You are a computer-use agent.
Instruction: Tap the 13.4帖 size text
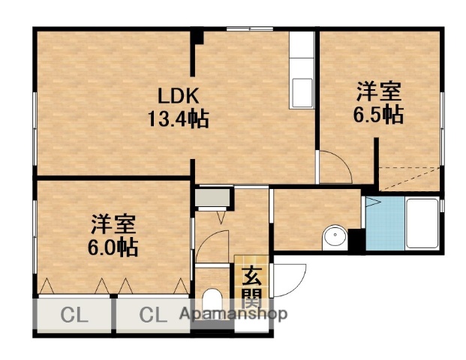pos(177,118)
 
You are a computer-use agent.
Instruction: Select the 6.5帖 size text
pos(378,115)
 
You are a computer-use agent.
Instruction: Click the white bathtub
pos(420,223)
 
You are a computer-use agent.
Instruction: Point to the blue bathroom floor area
pos(383,223)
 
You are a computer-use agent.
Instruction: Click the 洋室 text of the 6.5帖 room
pos(378,92)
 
